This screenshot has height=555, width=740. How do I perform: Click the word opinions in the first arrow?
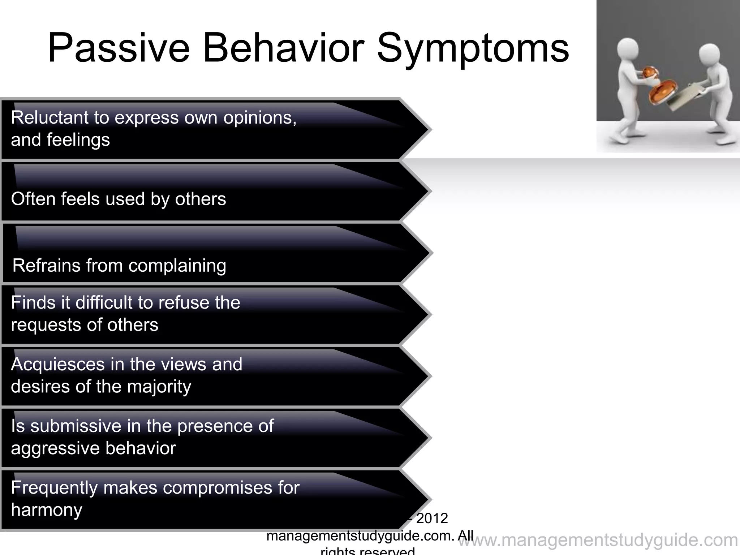[x=259, y=118]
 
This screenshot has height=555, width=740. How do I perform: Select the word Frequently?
[x=54, y=488]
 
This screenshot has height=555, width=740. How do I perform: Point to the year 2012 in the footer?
[x=432, y=519]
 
